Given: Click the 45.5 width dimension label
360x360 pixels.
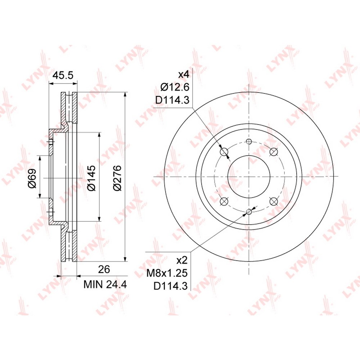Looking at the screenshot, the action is (63, 75).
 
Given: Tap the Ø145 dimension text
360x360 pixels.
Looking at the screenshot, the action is (91, 177).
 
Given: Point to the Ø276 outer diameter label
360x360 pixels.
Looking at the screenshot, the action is (117, 177).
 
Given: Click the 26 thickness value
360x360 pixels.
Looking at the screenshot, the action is (104, 269).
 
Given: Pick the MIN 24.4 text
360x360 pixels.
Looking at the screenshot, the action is (105, 285).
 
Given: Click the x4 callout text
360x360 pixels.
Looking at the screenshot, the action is (184, 75).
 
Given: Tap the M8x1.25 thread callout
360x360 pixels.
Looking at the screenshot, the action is (167, 273).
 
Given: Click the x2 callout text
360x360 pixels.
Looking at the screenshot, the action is (182, 260).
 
